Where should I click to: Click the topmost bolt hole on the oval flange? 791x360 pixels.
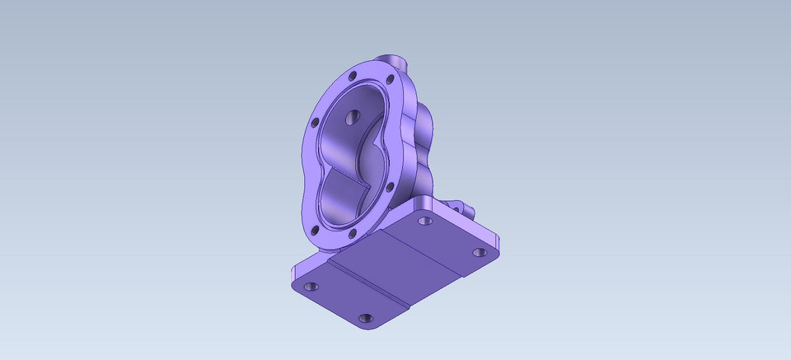353,76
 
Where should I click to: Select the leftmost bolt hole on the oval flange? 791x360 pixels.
314,123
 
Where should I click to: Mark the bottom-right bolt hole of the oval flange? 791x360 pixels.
353,233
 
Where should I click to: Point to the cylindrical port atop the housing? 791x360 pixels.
396,63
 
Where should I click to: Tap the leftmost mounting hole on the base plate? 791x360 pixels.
311,287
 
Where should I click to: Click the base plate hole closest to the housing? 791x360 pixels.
425,221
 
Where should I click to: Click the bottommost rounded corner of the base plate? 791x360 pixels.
367,328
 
